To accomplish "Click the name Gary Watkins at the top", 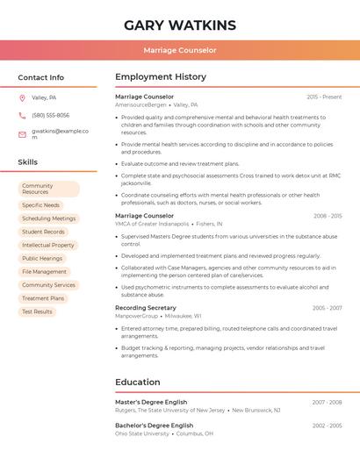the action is click(180, 25).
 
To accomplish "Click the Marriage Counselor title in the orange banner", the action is click(180, 50).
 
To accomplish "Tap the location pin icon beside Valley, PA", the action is click(22, 98).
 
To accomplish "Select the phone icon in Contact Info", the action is click(22, 116).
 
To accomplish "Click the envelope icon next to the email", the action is click(22, 134).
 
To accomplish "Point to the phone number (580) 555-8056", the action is click(50, 116).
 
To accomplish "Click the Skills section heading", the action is click(28, 162).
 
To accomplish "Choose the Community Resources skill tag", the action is click(48, 190).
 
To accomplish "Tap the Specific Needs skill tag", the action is click(41, 205).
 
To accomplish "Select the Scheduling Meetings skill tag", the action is click(49, 218).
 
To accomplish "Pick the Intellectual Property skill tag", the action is click(48, 245).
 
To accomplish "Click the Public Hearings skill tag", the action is click(42, 259).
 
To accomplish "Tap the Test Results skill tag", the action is click(37, 311).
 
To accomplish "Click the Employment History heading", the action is click(161, 77).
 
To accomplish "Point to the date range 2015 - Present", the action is click(324, 97).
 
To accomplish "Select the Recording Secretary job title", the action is click(146, 308).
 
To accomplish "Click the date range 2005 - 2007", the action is click(327, 308).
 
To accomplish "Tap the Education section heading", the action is click(138, 383).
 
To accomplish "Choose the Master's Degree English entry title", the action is click(152, 402).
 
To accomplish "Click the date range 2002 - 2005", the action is click(327, 426).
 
